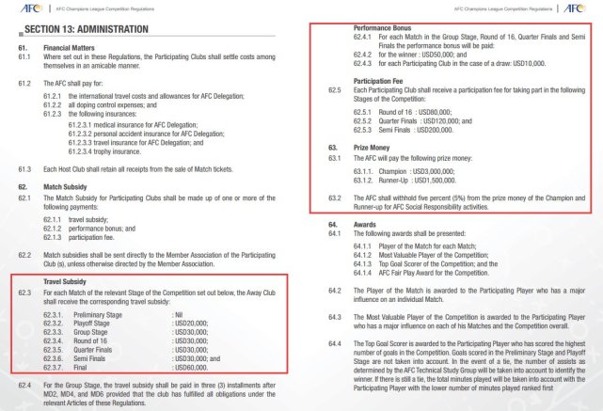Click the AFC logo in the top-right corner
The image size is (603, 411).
click(x=582, y=8)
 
